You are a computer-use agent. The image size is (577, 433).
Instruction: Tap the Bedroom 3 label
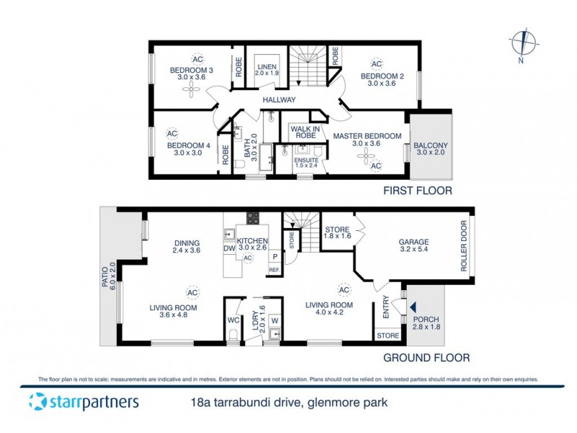click(187, 70)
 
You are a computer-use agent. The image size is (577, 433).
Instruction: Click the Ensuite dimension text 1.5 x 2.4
click(306, 165)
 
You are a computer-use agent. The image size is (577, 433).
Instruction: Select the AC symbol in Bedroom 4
click(172, 134)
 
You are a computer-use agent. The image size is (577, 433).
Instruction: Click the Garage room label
click(414, 242)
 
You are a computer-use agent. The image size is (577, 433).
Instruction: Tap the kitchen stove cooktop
click(253, 217)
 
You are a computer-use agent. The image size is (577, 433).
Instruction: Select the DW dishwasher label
click(229, 248)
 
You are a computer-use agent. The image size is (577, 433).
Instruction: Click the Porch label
click(425, 318)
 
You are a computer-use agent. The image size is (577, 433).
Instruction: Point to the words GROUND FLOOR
click(426, 357)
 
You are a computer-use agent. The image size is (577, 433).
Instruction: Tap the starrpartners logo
click(84, 402)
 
